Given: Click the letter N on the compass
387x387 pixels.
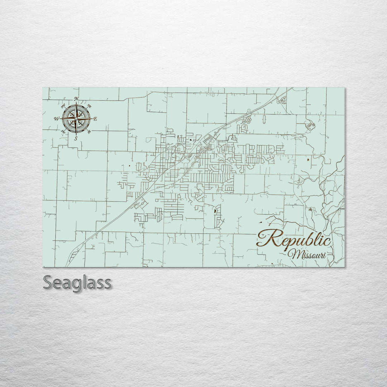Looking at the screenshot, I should click(76, 99).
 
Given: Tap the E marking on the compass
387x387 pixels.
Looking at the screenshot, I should click(95, 119).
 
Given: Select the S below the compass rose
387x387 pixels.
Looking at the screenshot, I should click(76, 138).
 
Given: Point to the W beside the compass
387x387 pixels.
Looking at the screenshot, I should click(56, 119).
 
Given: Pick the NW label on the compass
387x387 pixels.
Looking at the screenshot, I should click(63, 106).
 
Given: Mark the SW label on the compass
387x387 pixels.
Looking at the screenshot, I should click(63, 132).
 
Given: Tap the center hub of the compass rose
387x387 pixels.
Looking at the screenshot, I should click(76, 118).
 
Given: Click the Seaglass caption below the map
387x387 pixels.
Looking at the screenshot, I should click(77, 282).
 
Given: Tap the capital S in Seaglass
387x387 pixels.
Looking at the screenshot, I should click(48, 282).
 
